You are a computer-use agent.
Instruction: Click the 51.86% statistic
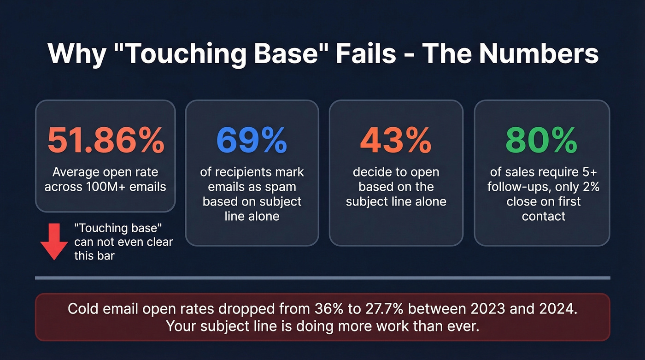pos(106,141)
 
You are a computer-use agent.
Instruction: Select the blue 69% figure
pos(252,141)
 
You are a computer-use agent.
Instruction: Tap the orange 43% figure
pos(396,141)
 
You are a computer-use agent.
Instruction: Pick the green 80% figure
pos(541,141)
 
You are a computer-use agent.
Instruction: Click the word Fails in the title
pos(366,54)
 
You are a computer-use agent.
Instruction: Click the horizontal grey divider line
pos(322,278)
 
